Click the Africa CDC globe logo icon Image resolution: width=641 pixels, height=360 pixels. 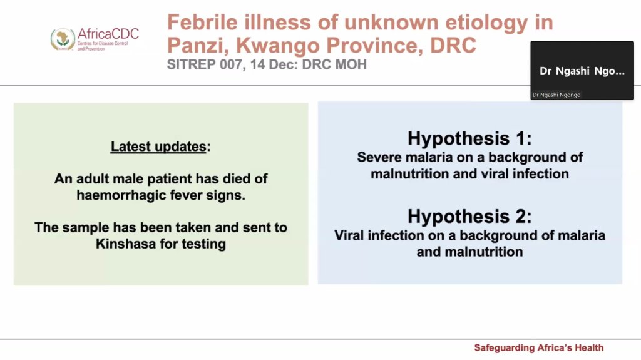coord(63,39)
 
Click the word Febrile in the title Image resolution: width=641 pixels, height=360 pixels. coord(202,22)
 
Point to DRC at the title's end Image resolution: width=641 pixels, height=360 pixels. coord(453,45)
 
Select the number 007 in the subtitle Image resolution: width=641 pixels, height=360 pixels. coord(227,64)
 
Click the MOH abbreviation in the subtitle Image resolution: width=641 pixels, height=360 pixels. coord(351,64)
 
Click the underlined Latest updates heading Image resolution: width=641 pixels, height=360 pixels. coord(158,147)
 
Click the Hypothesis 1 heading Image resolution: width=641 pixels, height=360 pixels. coord(469,138)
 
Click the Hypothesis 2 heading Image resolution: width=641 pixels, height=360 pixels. coord(469,216)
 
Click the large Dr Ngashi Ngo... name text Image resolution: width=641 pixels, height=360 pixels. coord(582,71)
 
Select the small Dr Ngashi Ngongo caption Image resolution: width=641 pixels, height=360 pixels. coord(556,95)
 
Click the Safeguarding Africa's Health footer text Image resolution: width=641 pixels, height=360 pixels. coord(539,347)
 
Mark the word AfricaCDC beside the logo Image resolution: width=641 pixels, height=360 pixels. coord(108,34)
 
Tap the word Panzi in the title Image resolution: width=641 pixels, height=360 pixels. coord(196,45)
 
